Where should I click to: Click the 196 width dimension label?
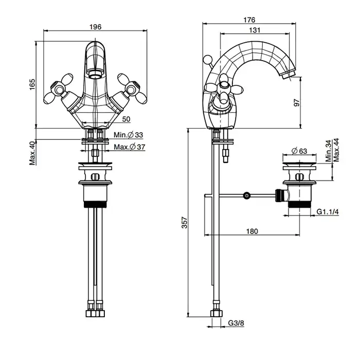tap(95, 27)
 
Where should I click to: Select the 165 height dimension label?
tap(32, 84)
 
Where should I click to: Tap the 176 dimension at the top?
tap(249, 20)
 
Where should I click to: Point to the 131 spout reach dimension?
tap(255, 30)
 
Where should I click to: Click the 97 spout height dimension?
tap(297, 103)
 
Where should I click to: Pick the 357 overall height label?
tap(185, 223)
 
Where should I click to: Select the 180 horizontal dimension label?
tap(252, 231)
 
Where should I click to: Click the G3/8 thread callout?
tap(236, 323)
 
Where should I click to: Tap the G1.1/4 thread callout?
tap(328, 211)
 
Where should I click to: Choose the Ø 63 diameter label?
tap(299, 151)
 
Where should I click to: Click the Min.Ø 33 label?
tap(129, 135)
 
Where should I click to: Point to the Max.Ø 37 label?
tap(130, 147)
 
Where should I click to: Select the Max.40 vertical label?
tap(32, 153)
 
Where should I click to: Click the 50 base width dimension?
tap(126, 119)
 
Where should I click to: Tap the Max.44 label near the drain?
tap(336, 150)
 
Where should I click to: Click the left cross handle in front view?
tap(58, 89)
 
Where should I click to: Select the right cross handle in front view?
tap(132, 89)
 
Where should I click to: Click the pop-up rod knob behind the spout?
tap(207, 59)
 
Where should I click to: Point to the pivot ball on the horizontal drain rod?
tap(246, 195)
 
